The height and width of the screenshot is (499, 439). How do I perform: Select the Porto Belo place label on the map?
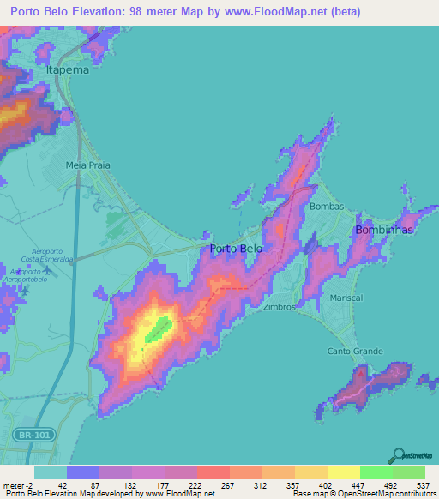[x=237, y=249]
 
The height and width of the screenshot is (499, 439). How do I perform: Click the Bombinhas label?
[x=384, y=231]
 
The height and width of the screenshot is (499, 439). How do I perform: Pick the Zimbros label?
[x=280, y=306]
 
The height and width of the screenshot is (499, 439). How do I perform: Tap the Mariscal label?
[x=346, y=298]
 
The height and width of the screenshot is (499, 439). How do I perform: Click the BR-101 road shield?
[x=36, y=436]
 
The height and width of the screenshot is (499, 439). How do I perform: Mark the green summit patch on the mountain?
[x=158, y=327]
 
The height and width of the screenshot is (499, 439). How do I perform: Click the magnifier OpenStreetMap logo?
[x=399, y=456]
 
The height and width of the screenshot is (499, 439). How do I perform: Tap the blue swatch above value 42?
[x=83, y=472]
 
